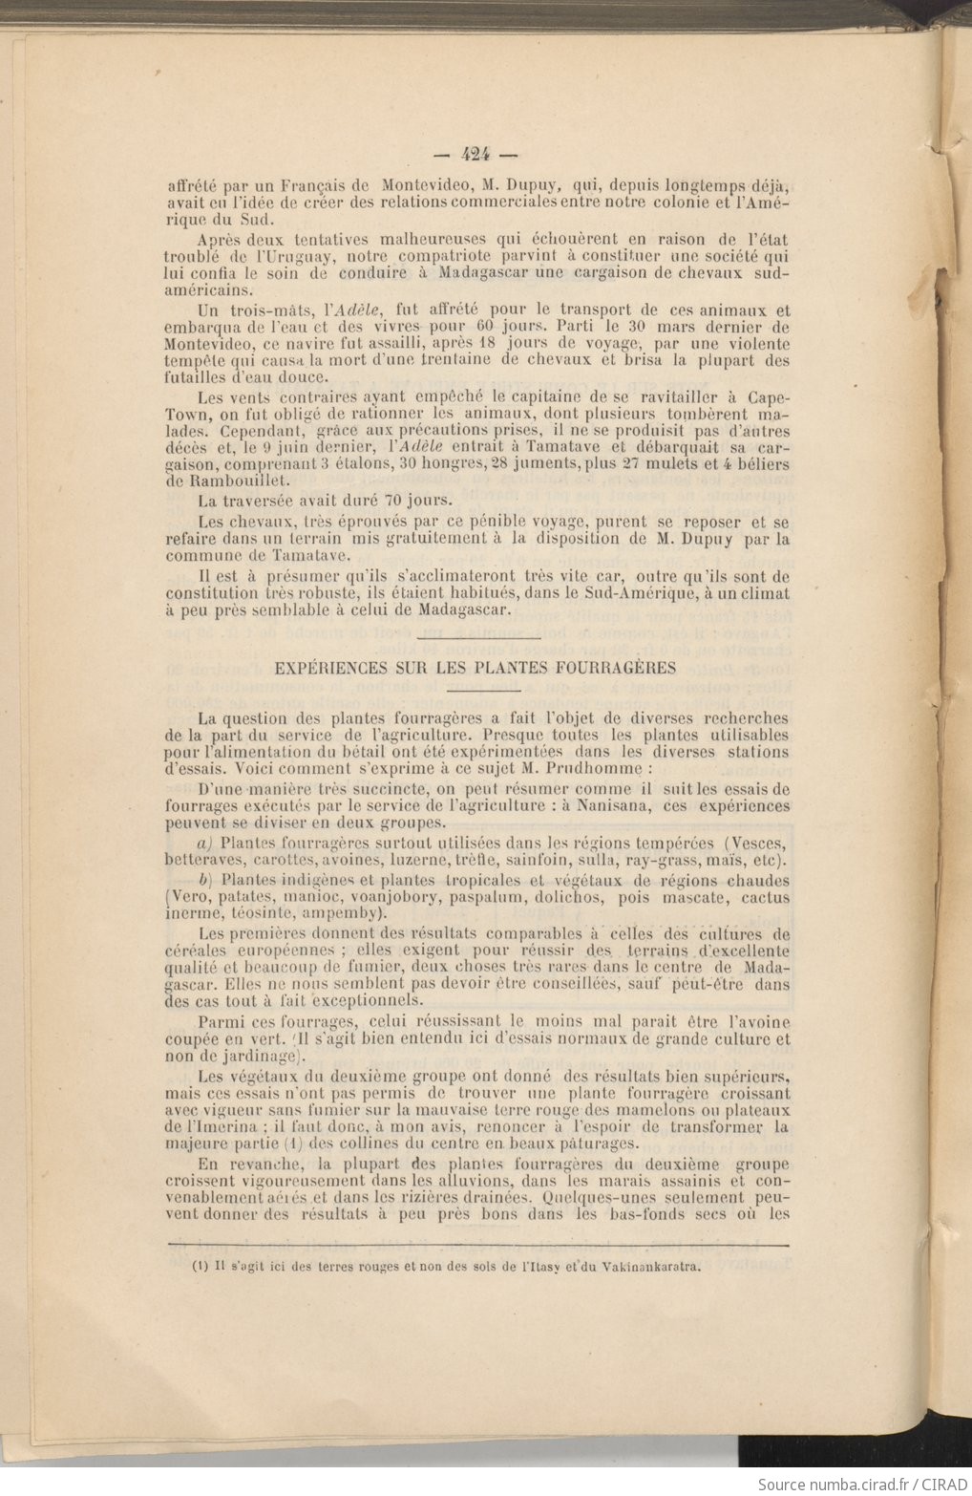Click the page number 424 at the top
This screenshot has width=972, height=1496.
(474, 153)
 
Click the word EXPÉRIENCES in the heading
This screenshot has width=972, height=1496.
(326, 668)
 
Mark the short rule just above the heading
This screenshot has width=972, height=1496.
(479, 637)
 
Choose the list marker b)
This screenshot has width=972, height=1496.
(204, 880)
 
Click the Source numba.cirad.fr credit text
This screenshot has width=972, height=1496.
(861, 1484)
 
